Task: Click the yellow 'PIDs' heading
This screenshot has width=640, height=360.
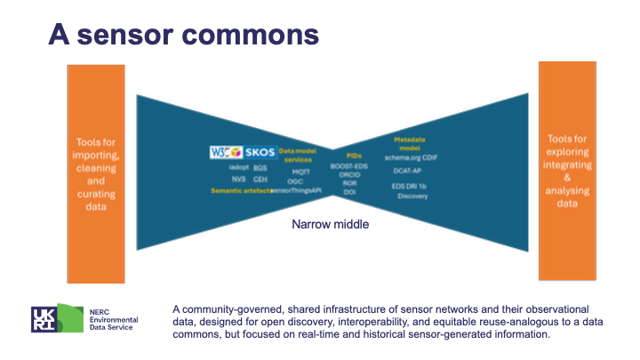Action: [x=354, y=154]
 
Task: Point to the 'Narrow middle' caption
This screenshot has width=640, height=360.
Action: [x=331, y=225]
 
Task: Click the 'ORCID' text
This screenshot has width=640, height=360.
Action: [x=350, y=174]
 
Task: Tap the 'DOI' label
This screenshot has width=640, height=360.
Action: [x=350, y=191]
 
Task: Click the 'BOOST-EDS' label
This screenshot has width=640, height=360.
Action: [x=350, y=166]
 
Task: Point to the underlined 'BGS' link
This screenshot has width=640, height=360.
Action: [x=260, y=167]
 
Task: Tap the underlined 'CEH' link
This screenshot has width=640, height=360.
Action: [x=260, y=178]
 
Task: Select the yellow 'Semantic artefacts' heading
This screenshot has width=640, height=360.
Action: [x=240, y=190]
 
